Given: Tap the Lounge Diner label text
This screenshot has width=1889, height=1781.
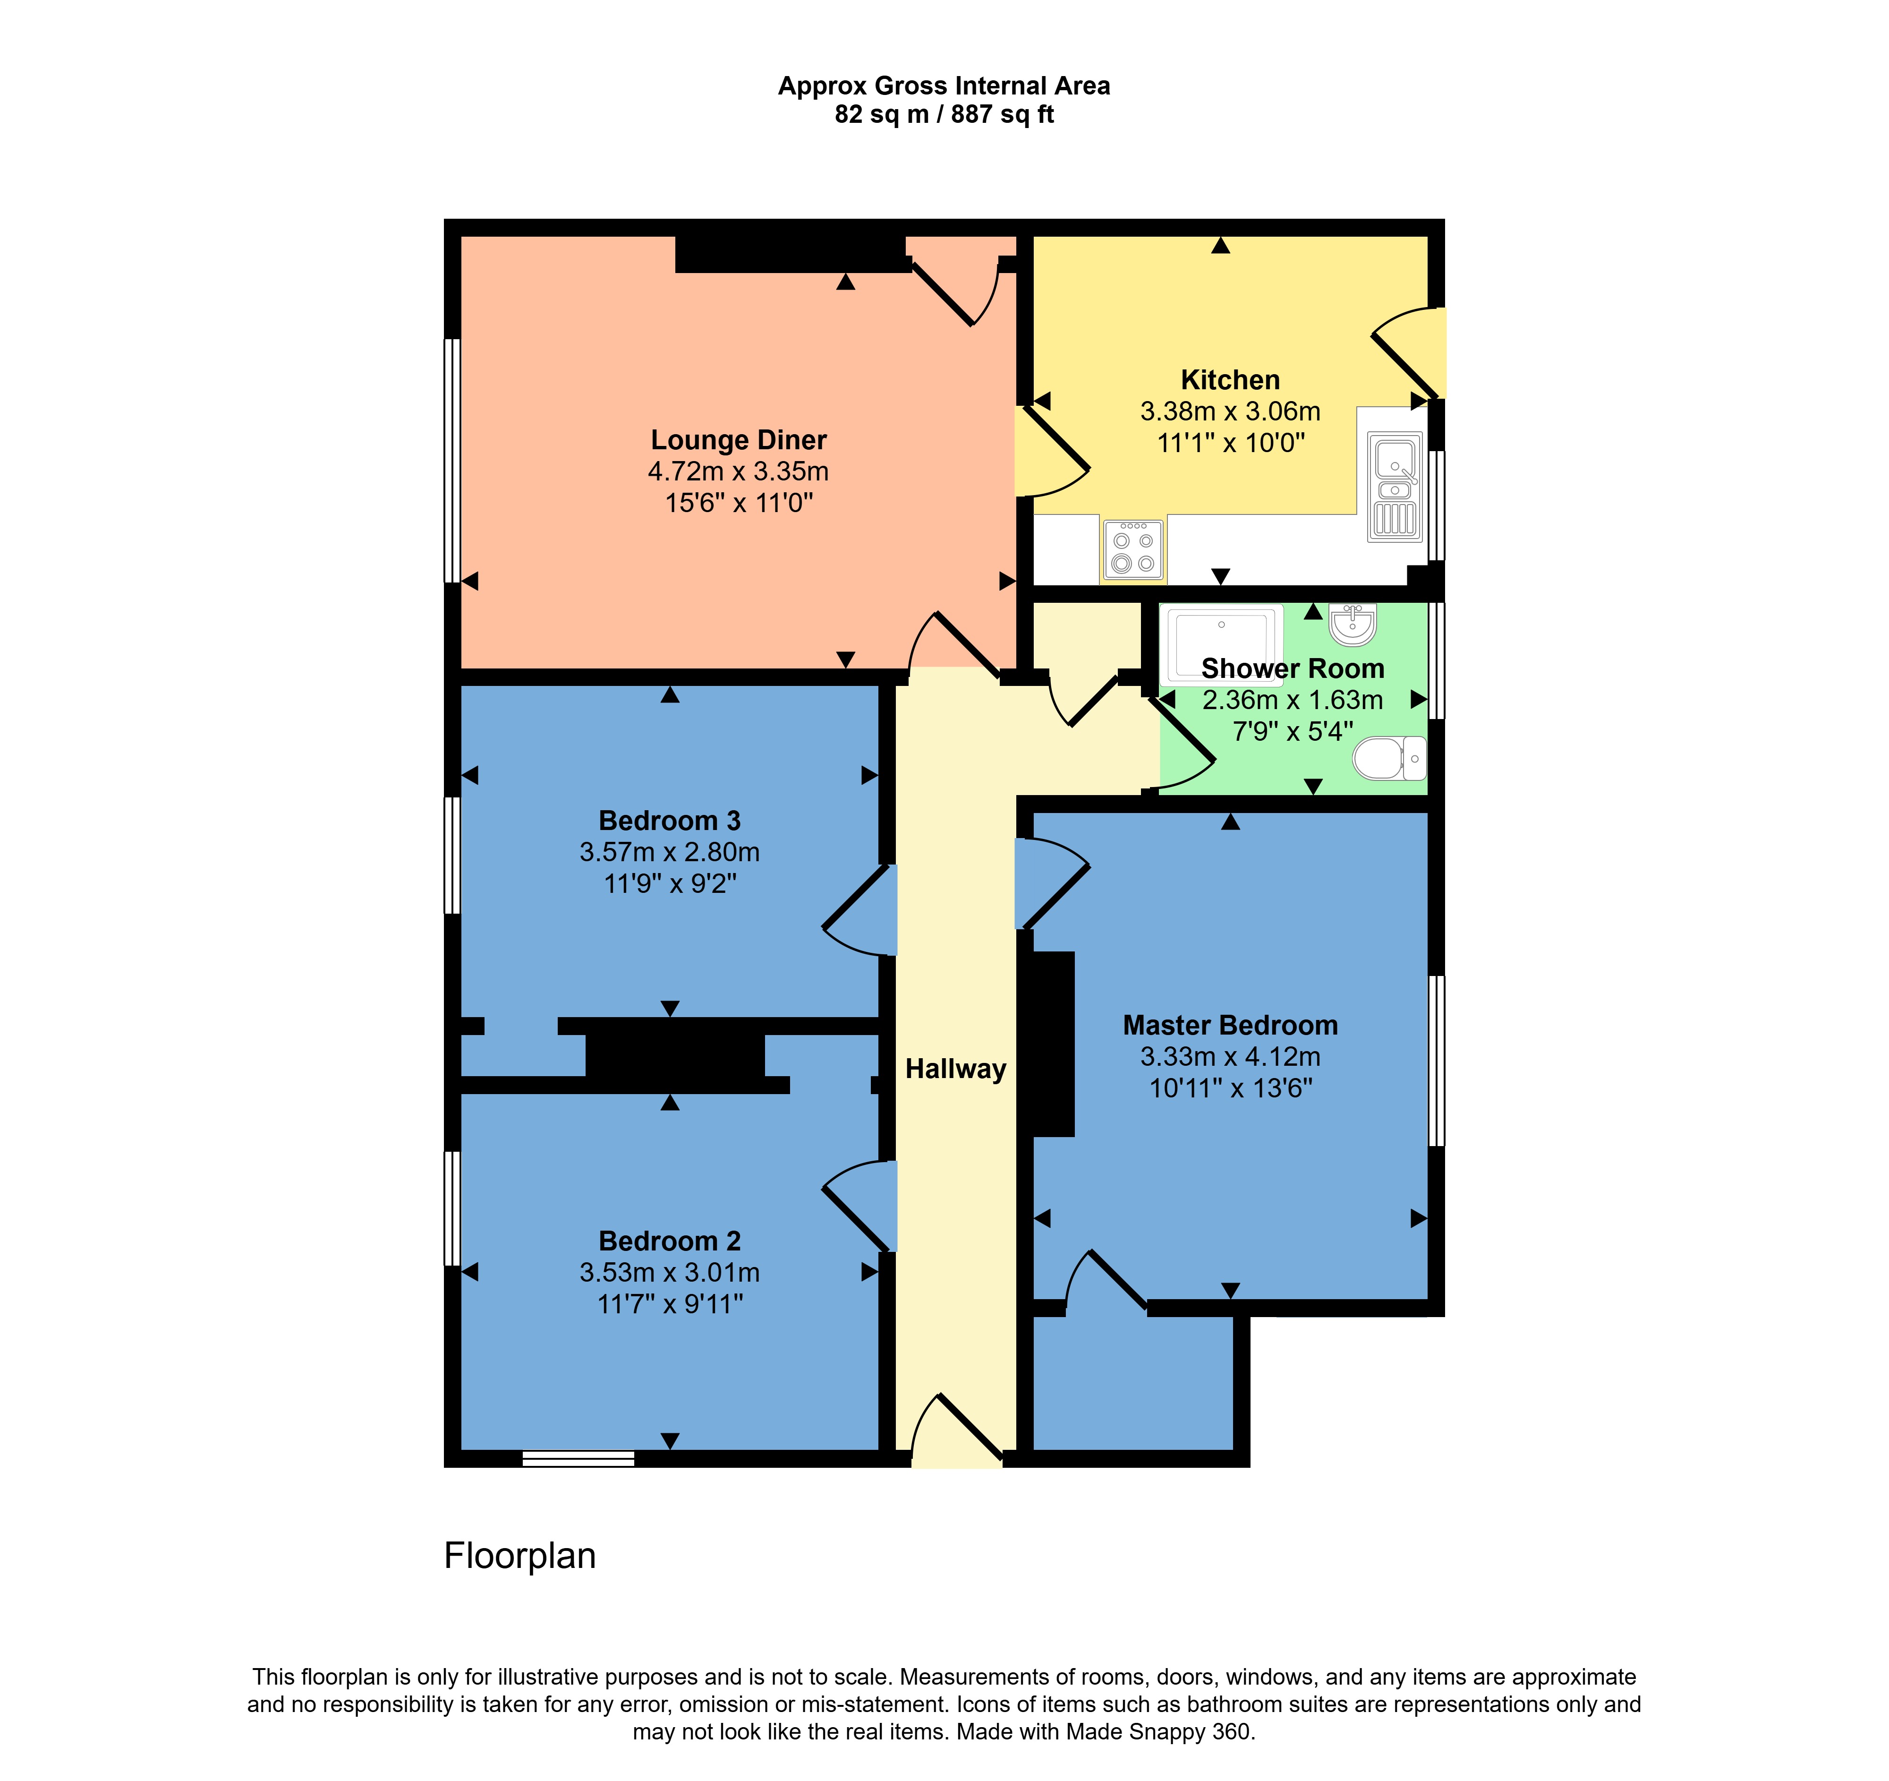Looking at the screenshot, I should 738,440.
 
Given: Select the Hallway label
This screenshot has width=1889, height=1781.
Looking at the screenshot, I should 955,1069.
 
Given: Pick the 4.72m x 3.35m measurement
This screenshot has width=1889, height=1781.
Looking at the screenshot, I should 738,471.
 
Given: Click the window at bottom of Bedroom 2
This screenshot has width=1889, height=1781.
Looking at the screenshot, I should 578,1459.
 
